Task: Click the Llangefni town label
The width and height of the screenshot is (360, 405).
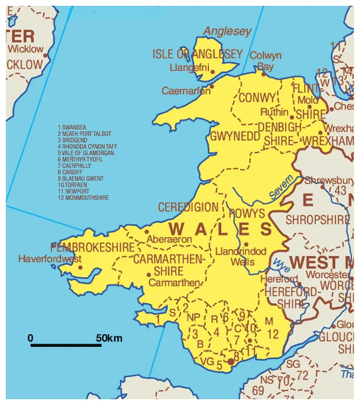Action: coord(190,68)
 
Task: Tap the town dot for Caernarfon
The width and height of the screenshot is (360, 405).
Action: coord(212,87)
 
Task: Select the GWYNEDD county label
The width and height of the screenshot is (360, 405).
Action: coord(235,136)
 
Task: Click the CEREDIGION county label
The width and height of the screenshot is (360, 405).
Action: coord(188,207)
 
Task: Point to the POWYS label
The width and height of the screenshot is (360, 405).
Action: coord(247,214)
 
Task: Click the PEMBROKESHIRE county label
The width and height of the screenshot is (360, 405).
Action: coord(93,248)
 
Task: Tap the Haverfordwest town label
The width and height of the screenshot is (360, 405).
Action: coord(50,259)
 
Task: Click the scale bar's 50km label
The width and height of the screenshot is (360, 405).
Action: coord(109,338)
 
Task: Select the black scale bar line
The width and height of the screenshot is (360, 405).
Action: coord(66,346)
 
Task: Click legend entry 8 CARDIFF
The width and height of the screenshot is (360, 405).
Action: coord(74,172)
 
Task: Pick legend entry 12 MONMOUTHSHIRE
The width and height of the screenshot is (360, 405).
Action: coord(83,198)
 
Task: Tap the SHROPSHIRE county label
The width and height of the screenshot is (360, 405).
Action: coord(318,220)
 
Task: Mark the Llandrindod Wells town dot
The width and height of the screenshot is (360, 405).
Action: coord(246,245)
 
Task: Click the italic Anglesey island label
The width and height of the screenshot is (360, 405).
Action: coord(228,31)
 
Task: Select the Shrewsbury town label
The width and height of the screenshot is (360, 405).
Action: coord(329,180)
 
